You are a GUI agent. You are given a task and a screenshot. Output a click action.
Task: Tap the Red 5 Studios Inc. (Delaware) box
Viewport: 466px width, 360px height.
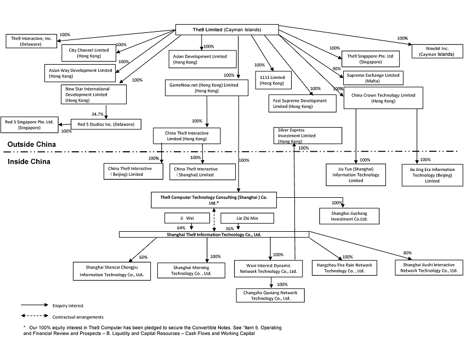coord(105,124)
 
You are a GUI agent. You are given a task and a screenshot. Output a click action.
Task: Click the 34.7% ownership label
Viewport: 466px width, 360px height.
coord(98,114)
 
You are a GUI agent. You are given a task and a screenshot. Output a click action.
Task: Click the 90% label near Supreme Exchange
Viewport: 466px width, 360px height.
coord(337,68)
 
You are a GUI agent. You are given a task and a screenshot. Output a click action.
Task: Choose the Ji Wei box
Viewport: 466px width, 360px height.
coord(186,218)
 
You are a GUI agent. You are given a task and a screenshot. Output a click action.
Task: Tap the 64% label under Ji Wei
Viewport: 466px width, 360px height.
coord(181,228)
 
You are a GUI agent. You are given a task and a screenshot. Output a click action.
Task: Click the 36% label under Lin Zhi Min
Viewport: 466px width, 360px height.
coord(230,228)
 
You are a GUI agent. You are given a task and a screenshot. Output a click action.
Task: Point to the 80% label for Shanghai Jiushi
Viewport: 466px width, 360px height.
coord(407,253)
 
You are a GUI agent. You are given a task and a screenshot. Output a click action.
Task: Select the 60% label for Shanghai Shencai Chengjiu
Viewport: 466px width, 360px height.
coord(144,257)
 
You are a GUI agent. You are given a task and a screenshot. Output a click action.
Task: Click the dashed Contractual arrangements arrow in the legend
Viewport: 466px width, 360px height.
coord(33,316)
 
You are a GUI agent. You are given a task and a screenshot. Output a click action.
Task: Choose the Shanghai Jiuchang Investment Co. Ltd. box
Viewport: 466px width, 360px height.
coord(351,215)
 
